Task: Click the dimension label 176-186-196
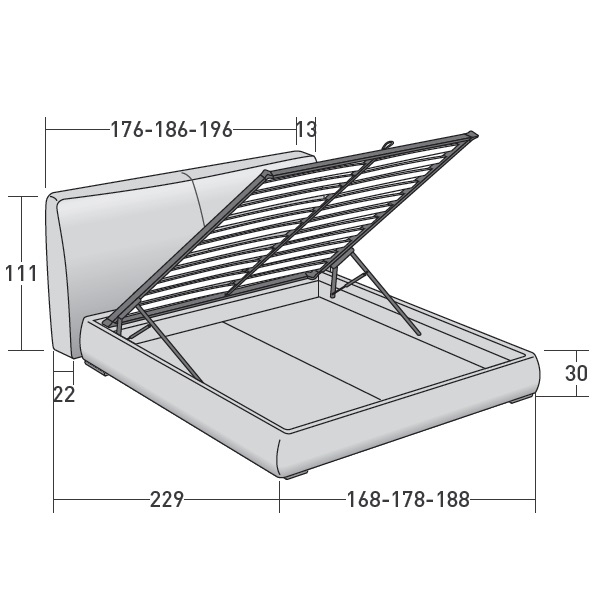pos(171,130)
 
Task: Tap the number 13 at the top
pos(306,130)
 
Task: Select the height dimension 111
pos(21,274)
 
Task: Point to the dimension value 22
pos(64,394)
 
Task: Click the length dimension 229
pos(167,499)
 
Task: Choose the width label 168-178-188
pos(408,499)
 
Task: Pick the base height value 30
pos(576,373)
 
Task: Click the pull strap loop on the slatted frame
pos(387,144)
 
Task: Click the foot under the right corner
pos(519,400)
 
